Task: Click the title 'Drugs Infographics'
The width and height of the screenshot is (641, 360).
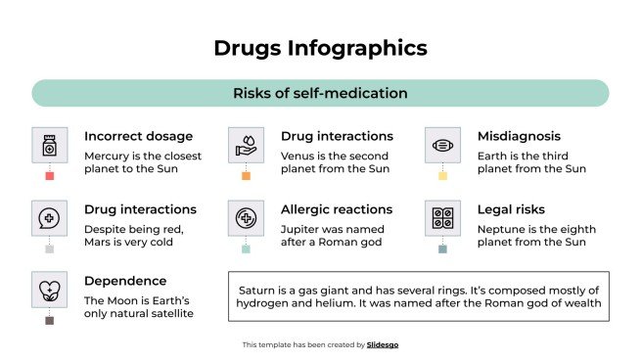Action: (x=320, y=47)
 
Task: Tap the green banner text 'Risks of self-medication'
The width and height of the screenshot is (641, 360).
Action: (x=320, y=94)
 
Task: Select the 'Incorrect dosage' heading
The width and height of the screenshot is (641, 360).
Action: (x=138, y=136)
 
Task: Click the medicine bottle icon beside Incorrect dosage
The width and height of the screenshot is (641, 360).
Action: (x=49, y=146)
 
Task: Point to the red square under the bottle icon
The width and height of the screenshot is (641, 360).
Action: (x=49, y=176)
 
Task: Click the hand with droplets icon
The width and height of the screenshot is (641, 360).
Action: (x=246, y=146)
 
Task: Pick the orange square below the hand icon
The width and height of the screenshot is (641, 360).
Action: (x=246, y=176)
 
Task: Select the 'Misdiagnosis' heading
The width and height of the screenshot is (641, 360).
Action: (x=519, y=136)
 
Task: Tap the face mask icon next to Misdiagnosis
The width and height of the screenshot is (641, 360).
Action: (x=442, y=146)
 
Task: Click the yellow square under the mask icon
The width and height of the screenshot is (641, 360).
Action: (x=442, y=176)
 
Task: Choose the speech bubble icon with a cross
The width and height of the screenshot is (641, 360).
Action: (x=49, y=218)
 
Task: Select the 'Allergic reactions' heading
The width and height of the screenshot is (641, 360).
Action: (x=337, y=209)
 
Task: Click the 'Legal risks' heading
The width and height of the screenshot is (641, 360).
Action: (x=511, y=209)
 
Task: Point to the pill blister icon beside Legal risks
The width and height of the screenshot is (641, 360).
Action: (x=442, y=218)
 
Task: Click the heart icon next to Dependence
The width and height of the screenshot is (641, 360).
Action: (x=49, y=290)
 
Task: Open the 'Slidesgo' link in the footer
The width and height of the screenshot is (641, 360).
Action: (x=383, y=344)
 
